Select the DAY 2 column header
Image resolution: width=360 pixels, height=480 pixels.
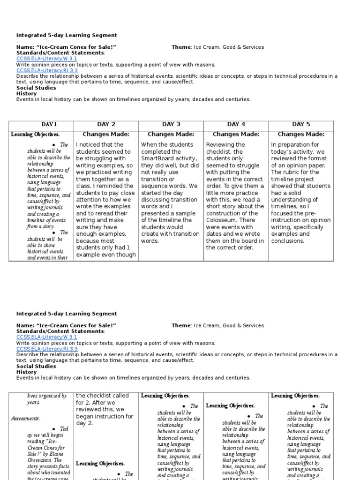[106, 124]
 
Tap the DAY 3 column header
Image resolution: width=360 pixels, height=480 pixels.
[171, 124]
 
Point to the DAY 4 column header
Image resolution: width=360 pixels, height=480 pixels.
[236, 124]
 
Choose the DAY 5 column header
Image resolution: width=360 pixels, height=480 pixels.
[301, 124]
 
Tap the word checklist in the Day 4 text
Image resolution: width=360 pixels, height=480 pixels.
[219, 151]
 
